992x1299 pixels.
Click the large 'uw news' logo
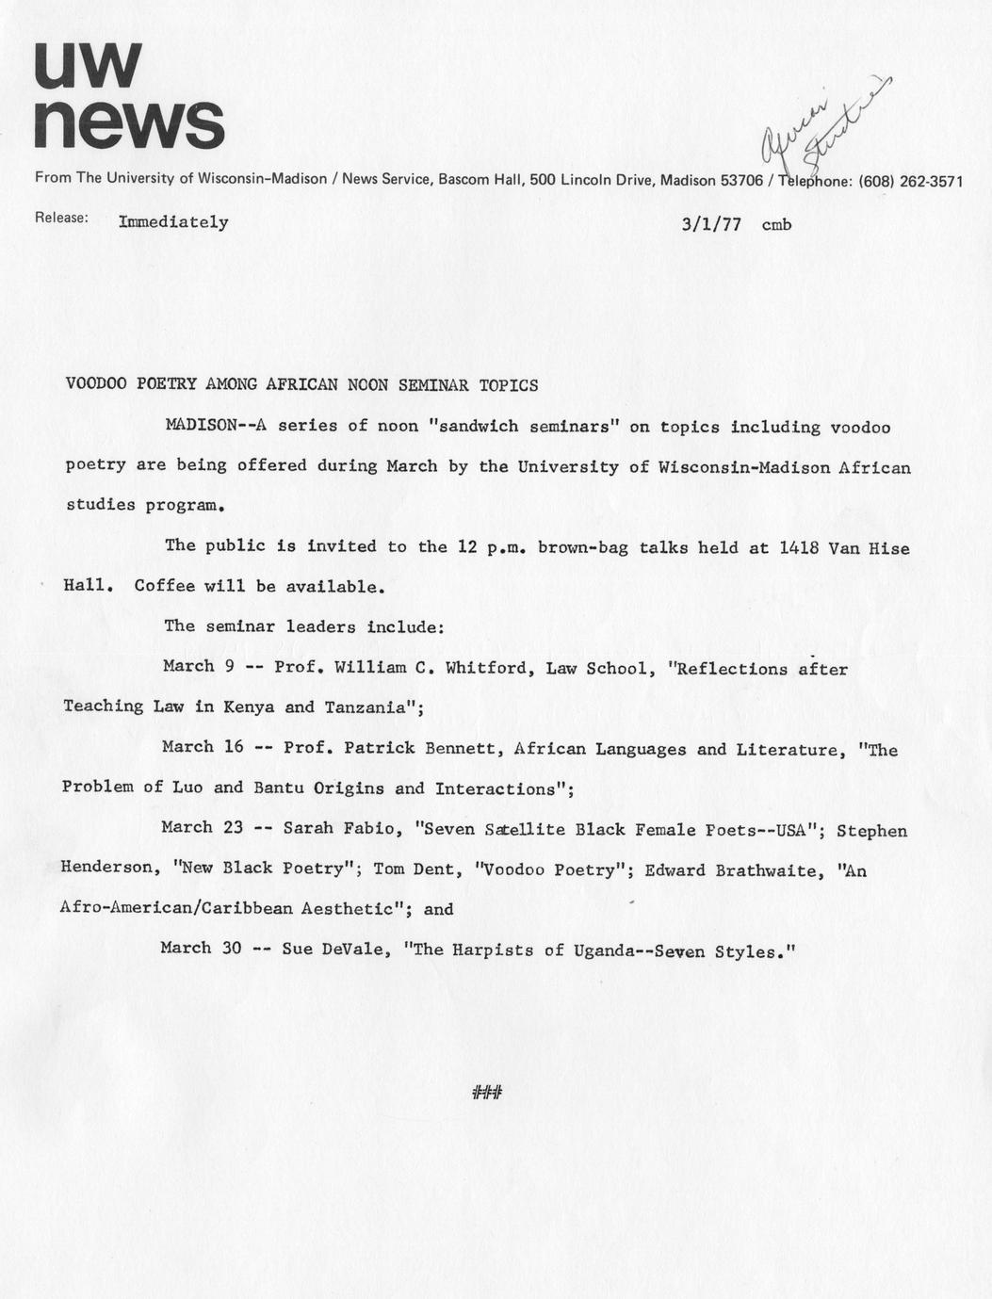[129, 95]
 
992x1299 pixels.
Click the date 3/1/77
[711, 224]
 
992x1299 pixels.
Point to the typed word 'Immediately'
[173, 222]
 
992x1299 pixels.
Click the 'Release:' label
[61, 218]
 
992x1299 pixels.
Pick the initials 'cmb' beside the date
[776, 225]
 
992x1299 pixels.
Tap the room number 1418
[799, 547]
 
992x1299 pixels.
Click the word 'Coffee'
[164, 586]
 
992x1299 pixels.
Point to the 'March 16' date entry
[202, 747]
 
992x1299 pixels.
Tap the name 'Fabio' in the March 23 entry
[372, 830]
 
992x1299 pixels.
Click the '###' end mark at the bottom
[487, 1093]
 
